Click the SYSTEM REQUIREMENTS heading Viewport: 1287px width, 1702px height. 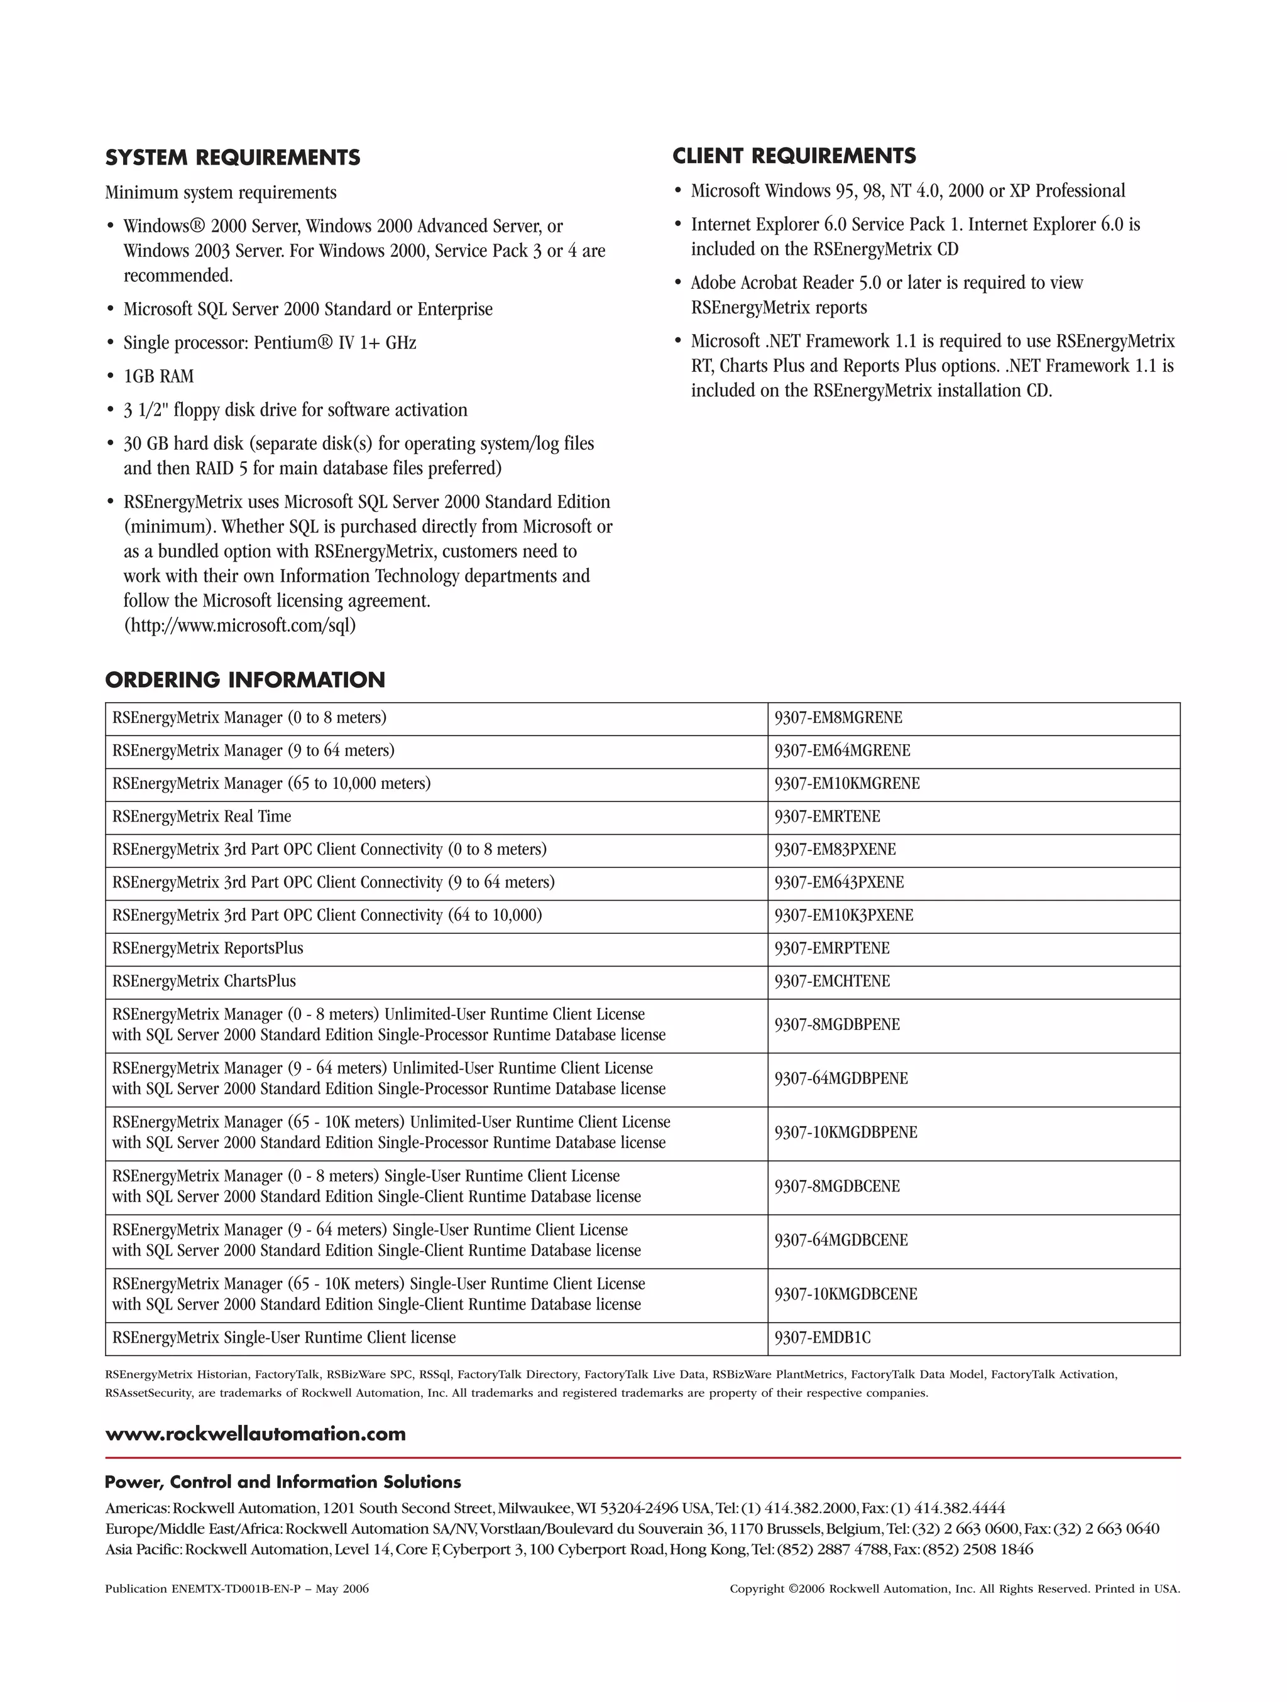[x=233, y=158]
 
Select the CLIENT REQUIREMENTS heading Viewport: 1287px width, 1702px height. [x=794, y=156]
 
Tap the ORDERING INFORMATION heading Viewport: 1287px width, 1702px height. [x=245, y=680]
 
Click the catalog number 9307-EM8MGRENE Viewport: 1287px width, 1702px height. [x=838, y=718]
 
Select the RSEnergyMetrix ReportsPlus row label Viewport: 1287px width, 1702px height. [x=208, y=948]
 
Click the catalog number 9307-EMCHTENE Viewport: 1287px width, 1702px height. [x=831, y=981]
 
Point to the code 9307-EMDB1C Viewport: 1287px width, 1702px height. [x=822, y=1337]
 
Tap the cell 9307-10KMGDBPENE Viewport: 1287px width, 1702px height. [x=845, y=1132]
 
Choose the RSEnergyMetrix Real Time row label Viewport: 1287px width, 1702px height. [x=202, y=816]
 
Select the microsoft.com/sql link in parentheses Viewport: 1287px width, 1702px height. [x=240, y=626]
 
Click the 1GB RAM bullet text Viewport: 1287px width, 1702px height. [x=158, y=376]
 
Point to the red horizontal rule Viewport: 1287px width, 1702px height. [x=642, y=1457]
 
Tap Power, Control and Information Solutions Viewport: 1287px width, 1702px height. [x=283, y=1482]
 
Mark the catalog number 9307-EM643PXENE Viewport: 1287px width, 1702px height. [x=839, y=882]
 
